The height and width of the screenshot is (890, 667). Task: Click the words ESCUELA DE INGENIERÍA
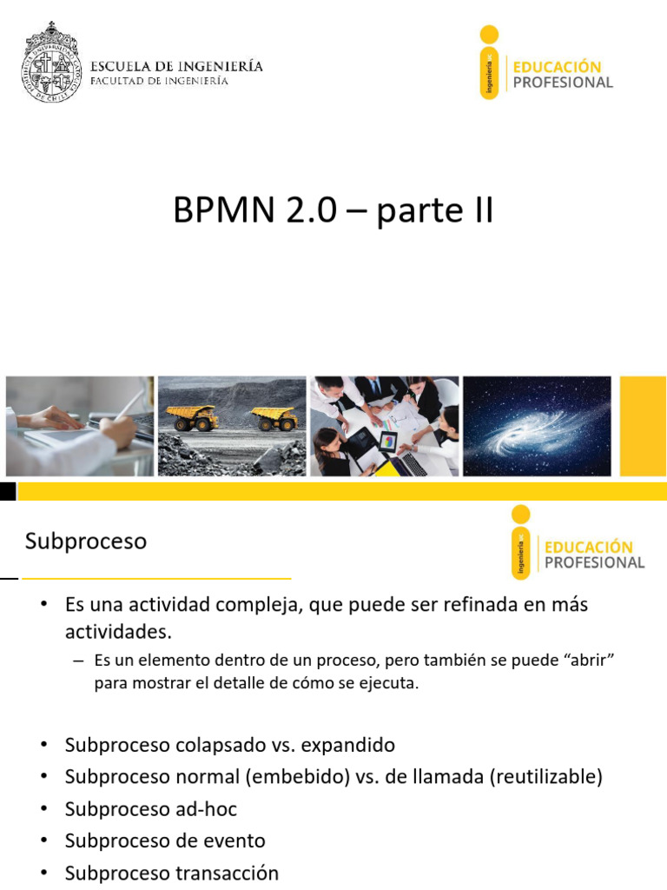coord(177,66)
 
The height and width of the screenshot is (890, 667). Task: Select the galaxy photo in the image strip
coord(537,426)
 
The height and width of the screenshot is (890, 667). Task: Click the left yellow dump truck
coord(192,417)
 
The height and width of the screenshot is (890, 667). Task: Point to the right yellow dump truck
coord(275,418)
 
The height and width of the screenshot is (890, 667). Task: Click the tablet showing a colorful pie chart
coord(387,441)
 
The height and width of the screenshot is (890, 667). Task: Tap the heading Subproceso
coord(86,541)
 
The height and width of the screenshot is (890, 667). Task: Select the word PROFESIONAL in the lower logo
coord(594,562)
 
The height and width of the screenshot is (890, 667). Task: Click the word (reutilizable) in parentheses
coord(546,777)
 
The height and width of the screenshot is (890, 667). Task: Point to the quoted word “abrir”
coord(590,661)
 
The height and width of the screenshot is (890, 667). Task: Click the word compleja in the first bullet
coord(251,604)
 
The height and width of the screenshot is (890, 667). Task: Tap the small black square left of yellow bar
coord(8,492)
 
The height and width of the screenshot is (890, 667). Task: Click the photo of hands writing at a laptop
coord(80,426)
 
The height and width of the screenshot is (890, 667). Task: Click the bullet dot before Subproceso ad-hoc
coord(44,809)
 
